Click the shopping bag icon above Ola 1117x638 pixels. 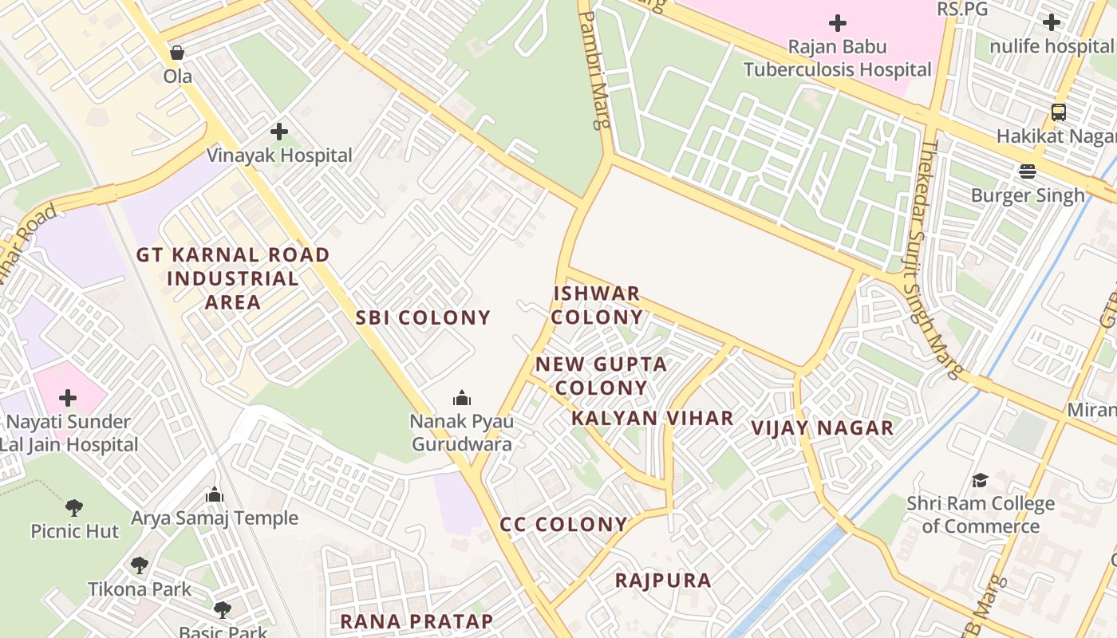tap(177, 53)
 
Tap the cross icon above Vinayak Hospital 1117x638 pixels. tap(279, 131)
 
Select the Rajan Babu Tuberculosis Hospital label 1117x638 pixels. tap(838, 58)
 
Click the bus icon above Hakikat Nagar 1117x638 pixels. tap(1059, 112)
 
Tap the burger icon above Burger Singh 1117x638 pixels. tap(1027, 171)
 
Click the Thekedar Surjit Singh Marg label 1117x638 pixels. tap(930, 255)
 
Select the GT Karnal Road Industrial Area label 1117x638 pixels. tap(232, 278)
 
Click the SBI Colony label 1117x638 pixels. tap(423, 317)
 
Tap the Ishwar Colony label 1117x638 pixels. tap(598, 305)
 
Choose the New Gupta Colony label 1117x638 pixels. tap(602, 376)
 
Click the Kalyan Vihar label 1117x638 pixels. tap(653, 418)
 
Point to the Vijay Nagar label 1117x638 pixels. tap(823, 427)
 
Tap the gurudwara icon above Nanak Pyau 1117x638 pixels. tap(461, 397)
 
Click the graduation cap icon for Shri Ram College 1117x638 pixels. tap(980, 480)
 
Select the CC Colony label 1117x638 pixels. tap(564, 524)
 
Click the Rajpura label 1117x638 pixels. tap(663, 580)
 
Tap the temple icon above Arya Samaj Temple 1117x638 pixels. tap(214, 494)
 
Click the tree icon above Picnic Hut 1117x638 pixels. tap(74, 507)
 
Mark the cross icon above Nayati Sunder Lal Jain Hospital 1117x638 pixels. tap(69, 397)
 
